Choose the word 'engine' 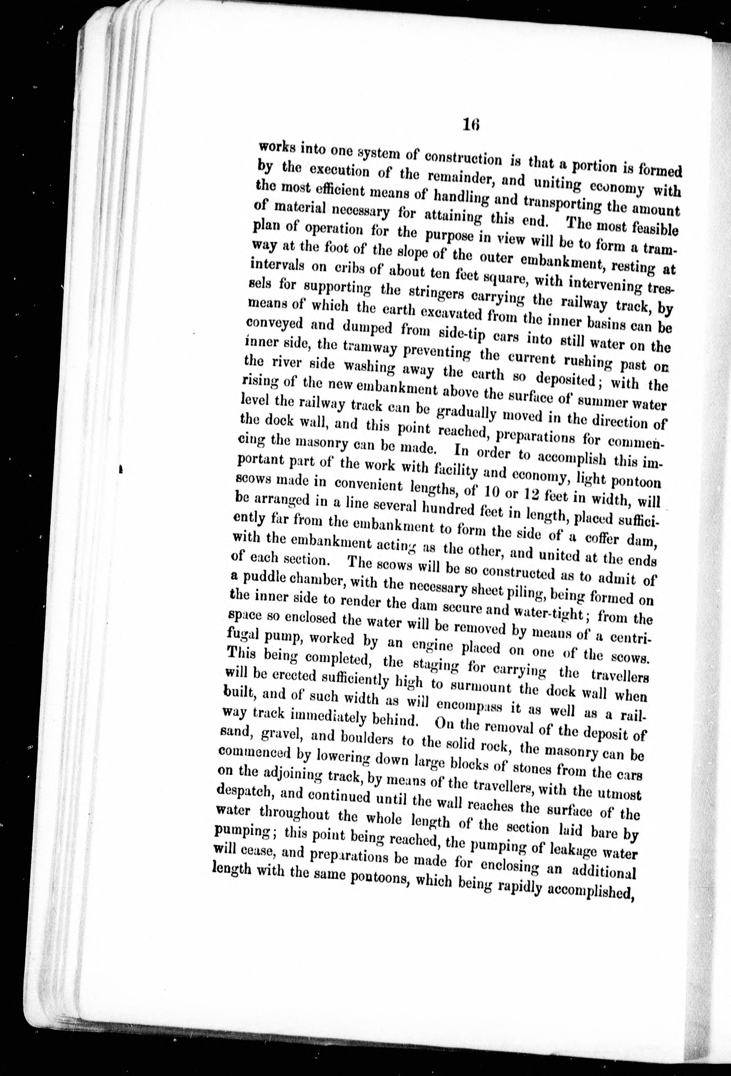coord(439,648)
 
